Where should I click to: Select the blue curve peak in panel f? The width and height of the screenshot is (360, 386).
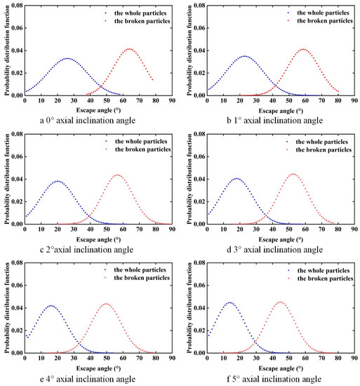click(229, 302)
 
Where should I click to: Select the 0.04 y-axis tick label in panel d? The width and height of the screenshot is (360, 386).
click(196, 179)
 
